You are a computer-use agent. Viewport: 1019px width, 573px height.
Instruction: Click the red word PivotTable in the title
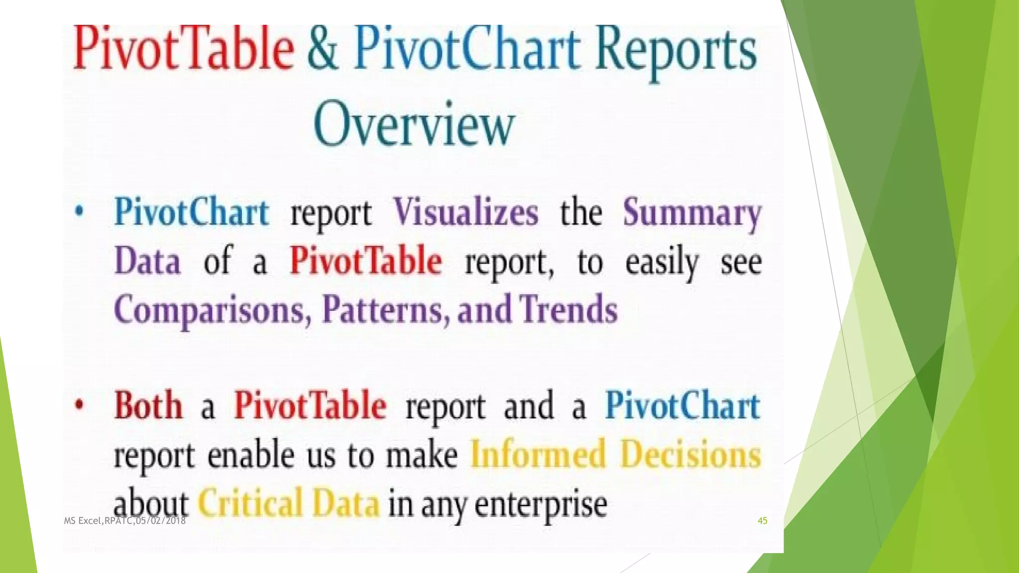click(x=183, y=50)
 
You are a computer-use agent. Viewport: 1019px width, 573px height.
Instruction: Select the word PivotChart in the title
click(x=467, y=50)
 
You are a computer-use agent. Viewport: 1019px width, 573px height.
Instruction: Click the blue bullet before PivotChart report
click(x=79, y=212)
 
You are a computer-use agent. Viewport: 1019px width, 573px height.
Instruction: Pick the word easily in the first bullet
click(x=662, y=263)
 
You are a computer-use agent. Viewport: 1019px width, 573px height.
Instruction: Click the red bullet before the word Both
click(x=79, y=405)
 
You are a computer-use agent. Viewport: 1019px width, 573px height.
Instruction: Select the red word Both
click(x=148, y=406)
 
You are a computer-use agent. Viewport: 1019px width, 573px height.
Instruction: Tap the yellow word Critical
click(x=250, y=503)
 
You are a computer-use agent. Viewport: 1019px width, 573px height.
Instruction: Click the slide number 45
click(x=762, y=521)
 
